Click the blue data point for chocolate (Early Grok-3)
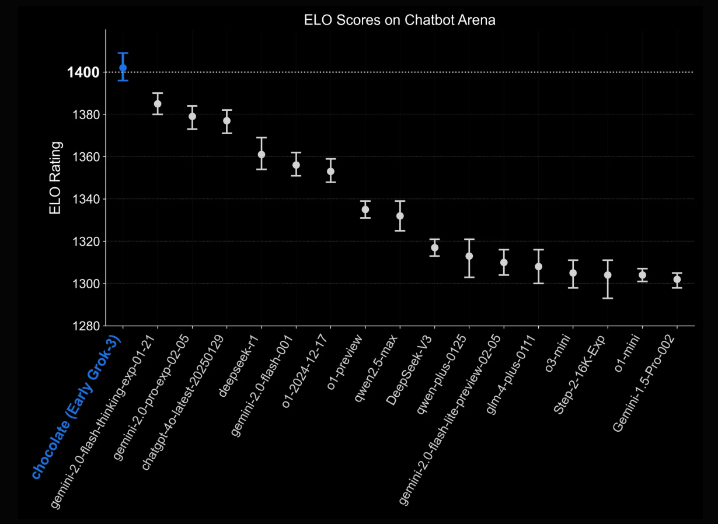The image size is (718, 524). click(123, 68)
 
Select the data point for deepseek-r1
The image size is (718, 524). click(262, 155)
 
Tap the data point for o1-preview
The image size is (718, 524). click(365, 209)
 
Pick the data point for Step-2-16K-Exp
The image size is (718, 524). click(608, 275)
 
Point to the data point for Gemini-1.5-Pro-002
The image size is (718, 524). click(677, 280)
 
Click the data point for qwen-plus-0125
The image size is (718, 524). click(469, 256)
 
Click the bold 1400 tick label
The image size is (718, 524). click(83, 72)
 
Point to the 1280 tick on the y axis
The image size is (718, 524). click(86, 326)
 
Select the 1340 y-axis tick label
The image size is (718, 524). click(86, 199)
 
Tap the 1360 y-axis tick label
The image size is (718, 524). click(86, 157)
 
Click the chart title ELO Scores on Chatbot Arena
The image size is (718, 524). click(399, 20)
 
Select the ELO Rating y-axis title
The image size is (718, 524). click(55, 178)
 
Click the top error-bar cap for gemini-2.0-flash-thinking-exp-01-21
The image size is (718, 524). click(158, 93)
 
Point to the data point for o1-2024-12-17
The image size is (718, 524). click(331, 172)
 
